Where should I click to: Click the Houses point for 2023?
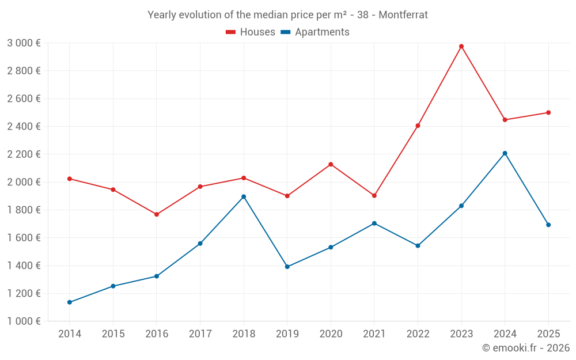461,46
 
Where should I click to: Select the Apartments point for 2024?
505,153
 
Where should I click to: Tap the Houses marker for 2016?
157,214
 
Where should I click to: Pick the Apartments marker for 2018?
244,196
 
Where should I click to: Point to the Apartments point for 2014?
70,302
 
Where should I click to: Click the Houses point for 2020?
331,164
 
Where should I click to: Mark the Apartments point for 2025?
548,225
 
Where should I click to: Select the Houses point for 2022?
418,126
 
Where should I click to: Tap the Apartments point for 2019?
287,267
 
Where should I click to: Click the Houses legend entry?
251,32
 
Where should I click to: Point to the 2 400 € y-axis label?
24,126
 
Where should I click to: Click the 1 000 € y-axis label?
24,321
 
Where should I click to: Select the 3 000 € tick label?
24,43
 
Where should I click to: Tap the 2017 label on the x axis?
200,334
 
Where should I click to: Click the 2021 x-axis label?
374,334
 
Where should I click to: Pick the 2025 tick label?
548,334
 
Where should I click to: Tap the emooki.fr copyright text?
526,348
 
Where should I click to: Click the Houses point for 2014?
70,179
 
